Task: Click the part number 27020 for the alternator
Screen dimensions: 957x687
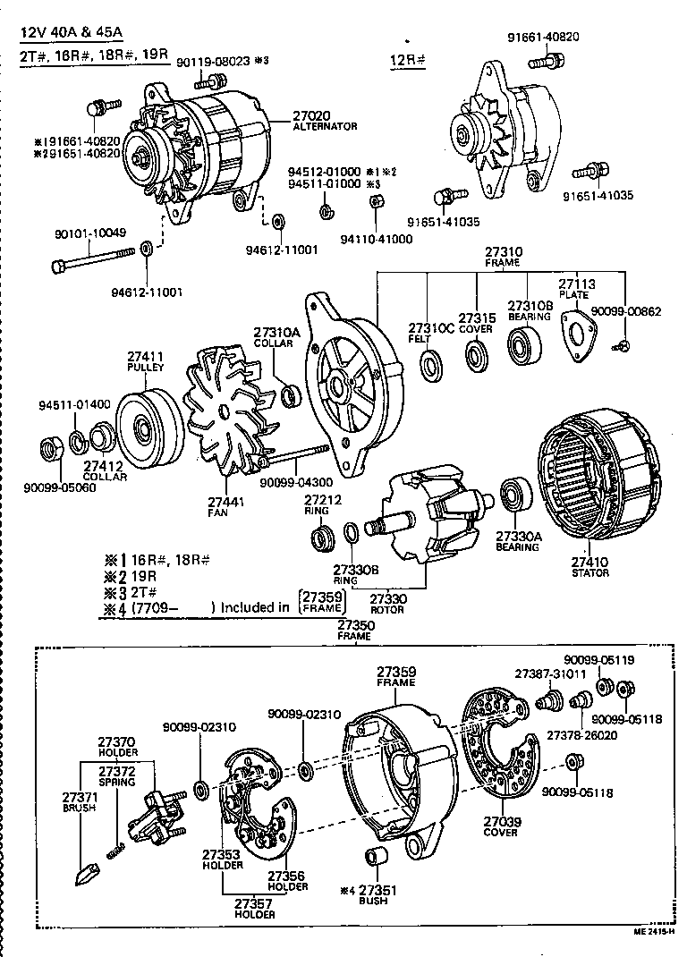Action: (x=311, y=115)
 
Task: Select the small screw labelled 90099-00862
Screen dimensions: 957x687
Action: (x=625, y=345)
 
